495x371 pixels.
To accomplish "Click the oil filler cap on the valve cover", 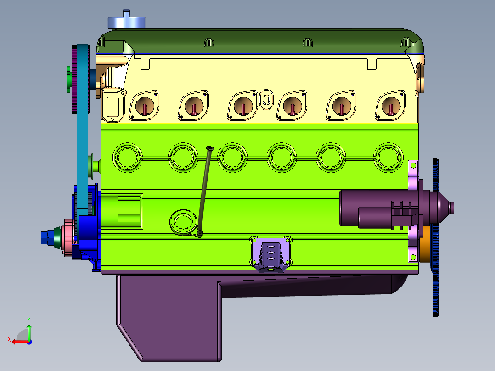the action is [x=126, y=20].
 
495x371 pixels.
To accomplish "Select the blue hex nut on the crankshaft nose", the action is [x=47, y=237].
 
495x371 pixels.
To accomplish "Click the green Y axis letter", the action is [x=29, y=319].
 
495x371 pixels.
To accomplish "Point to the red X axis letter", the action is [x=9, y=340].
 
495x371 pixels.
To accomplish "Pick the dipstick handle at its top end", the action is [x=210, y=148].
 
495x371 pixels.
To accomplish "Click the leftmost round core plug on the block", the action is [x=127, y=157].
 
